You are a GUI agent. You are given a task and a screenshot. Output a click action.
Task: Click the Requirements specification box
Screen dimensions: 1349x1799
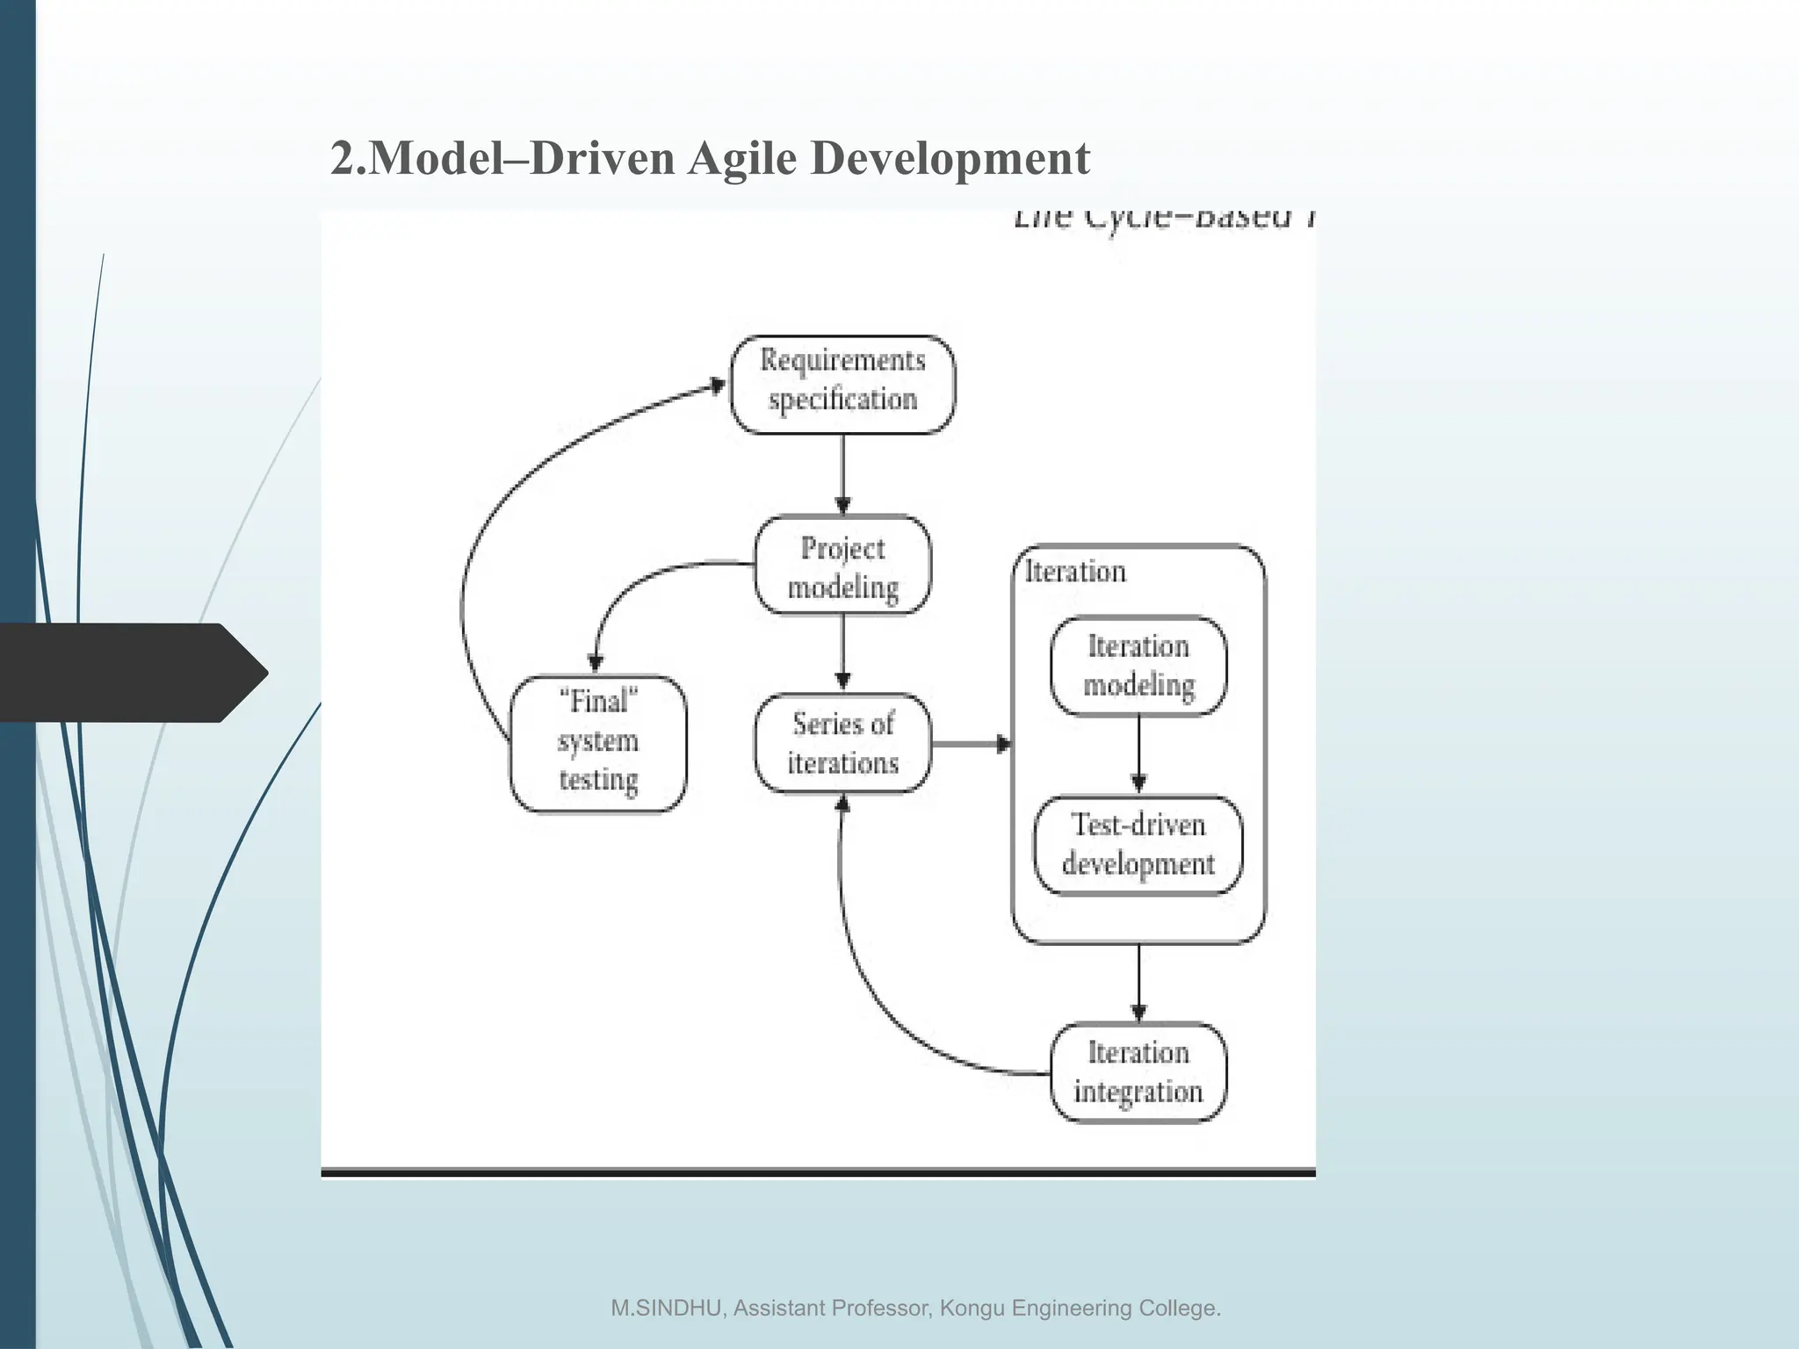(x=842, y=384)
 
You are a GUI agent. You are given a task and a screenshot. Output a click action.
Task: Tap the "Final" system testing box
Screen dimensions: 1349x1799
(x=598, y=742)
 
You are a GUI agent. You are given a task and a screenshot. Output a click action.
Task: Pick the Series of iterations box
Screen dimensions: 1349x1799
(x=842, y=743)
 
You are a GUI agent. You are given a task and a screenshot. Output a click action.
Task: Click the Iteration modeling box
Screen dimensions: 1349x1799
(x=1138, y=666)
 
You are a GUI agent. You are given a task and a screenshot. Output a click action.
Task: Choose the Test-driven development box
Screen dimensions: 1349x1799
(x=1138, y=845)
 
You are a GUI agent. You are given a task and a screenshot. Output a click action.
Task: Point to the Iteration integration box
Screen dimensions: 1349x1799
(x=1138, y=1072)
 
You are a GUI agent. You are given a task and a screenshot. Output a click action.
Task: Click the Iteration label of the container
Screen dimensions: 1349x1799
(x=1075, y=572)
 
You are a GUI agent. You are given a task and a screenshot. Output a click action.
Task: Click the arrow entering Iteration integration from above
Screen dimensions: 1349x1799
(x=1138, y=981)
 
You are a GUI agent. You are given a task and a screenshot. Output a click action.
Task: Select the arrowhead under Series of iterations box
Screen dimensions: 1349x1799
(x=842, y=802)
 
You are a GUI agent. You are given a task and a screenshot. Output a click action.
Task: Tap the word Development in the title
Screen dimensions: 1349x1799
(x=950, y=159)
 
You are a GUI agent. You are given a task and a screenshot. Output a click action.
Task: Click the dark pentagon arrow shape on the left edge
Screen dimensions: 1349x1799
(x=132, y=673)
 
